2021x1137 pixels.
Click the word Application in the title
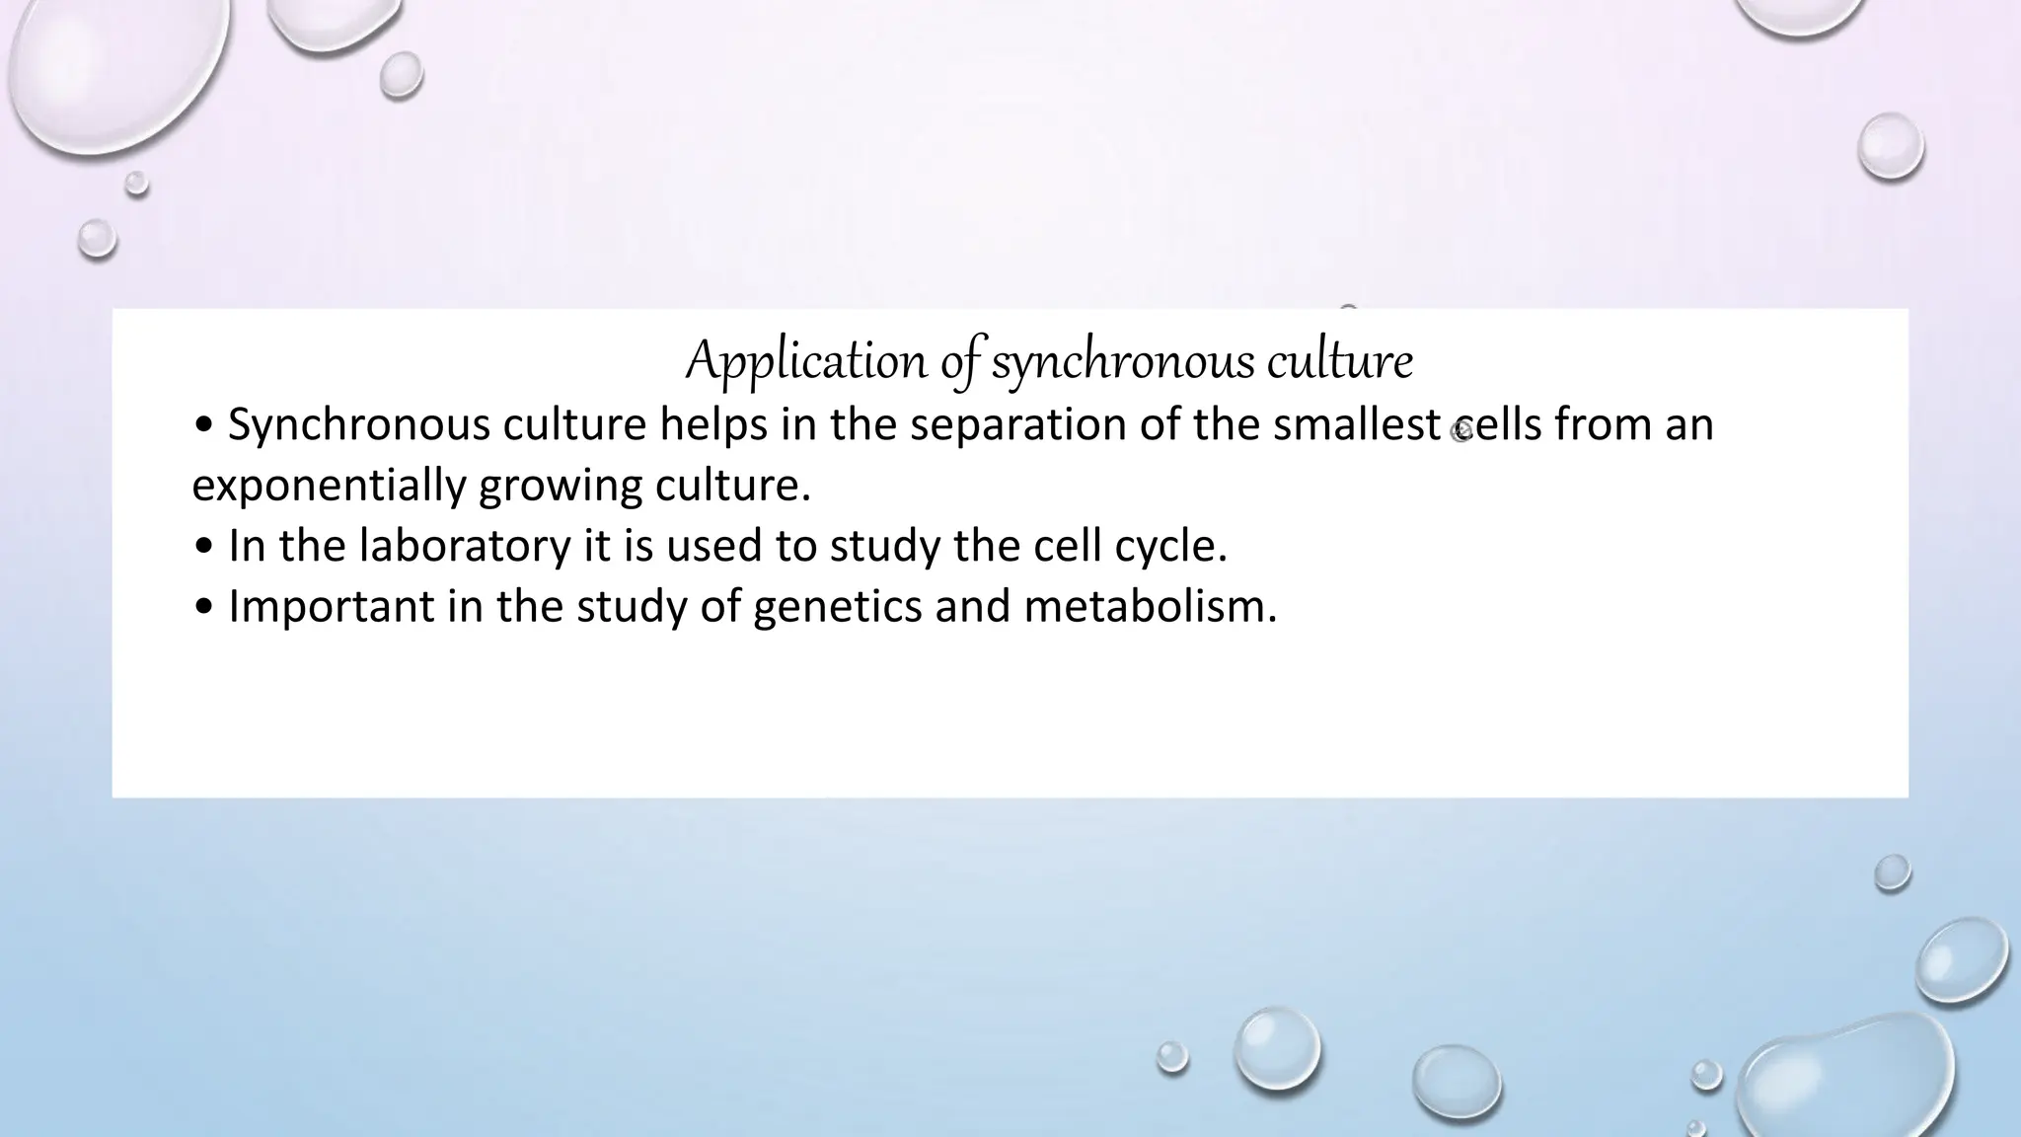[806, 361]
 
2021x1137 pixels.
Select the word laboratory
[465, 547]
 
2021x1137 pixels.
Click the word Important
[332, 607]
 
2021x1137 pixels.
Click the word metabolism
[1150, 607]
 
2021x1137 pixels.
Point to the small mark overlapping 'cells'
[1461, 430]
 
